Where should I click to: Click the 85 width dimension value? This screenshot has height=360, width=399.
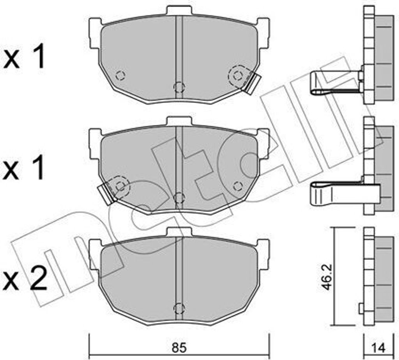coord(179,348)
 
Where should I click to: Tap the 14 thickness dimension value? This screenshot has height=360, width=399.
coord(379,348)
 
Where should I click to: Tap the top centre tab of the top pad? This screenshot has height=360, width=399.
coord(179,11)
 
